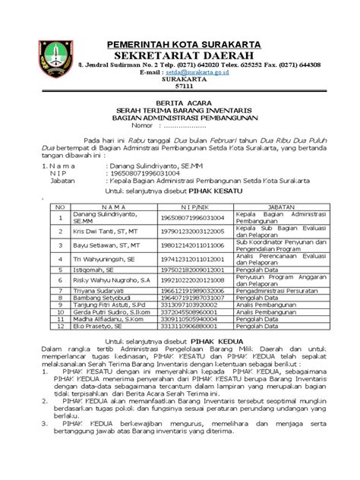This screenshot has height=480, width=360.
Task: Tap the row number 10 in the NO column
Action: [57, 312]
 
